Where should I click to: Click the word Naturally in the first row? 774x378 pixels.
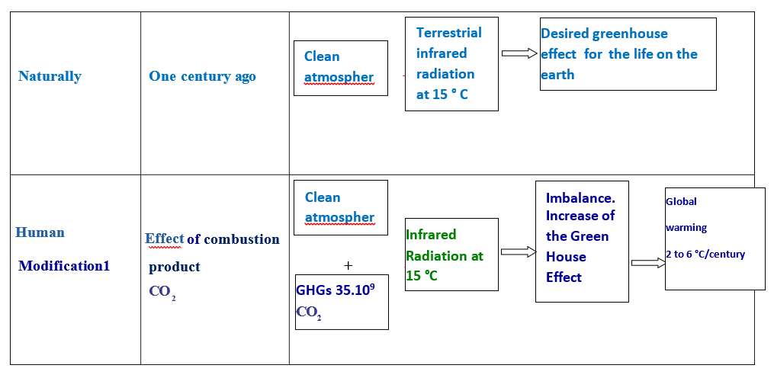(x=50, y=76)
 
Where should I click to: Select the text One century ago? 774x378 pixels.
(x=202, y=76)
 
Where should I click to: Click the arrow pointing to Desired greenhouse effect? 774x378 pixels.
(x=519, y=53)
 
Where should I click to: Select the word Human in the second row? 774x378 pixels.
(x=40, y=232)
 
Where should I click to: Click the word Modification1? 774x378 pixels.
(x=64, y=266)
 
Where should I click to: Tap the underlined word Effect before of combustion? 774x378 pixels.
(x=165, y=239)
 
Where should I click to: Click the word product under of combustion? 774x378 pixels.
(x=175, y=267)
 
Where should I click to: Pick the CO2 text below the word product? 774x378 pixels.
(x=162, y=292)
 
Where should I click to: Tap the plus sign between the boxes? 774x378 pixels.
(x=348, y=266)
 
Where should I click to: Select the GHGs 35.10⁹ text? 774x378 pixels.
(x=336, y=290)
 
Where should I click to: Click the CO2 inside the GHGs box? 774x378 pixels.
(x=309, y=312)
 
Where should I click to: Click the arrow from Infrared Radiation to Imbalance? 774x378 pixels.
(x=519, y=251)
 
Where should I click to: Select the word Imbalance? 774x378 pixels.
(x=580, y=198)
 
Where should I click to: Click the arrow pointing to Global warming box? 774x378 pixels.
(x=649, y=263)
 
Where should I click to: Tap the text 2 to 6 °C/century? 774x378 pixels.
(x=705, y=255)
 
